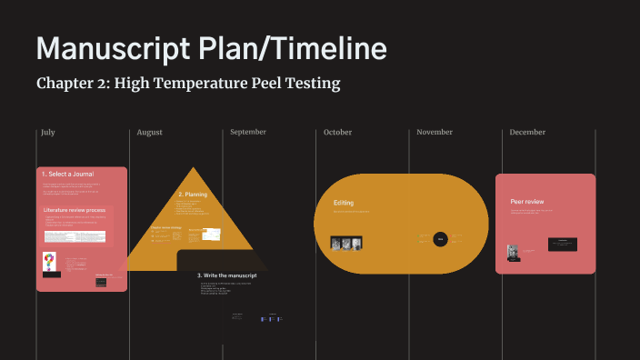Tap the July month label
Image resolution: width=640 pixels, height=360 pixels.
pyautogui.click(x=48, y=132)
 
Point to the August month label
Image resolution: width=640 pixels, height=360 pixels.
pyautogui.click(x=150, y=132)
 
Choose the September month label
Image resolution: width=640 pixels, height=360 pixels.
pyautogui.click(x=248, y=132)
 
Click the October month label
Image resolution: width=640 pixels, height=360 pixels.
pyautogui.click(x=337, y=132)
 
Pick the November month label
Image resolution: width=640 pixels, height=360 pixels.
pyautogui.click(x=435, y=132)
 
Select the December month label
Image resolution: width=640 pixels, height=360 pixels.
pyautogui.click(x=527, y=132)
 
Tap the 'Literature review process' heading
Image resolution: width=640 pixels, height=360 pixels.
pyautogui.click(x=75, y=210)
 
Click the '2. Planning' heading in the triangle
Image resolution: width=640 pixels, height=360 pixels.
pyautogui.click(x=194, y=195)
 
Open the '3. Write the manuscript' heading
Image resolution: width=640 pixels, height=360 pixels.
pyautogui.click(x=227, y=275)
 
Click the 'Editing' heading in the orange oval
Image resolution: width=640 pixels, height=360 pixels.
pyautogui.click(x=343, y=203)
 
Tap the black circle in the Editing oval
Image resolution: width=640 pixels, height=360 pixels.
pyautogui.click(x=440, y=239)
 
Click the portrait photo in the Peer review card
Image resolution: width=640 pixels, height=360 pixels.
pyautogui.click(x=513, y=251)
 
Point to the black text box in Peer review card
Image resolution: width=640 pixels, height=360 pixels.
pyautogui.click(x=563, y=244)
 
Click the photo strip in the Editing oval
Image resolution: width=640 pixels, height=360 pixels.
pyautogui.click(x=346, y=243)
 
